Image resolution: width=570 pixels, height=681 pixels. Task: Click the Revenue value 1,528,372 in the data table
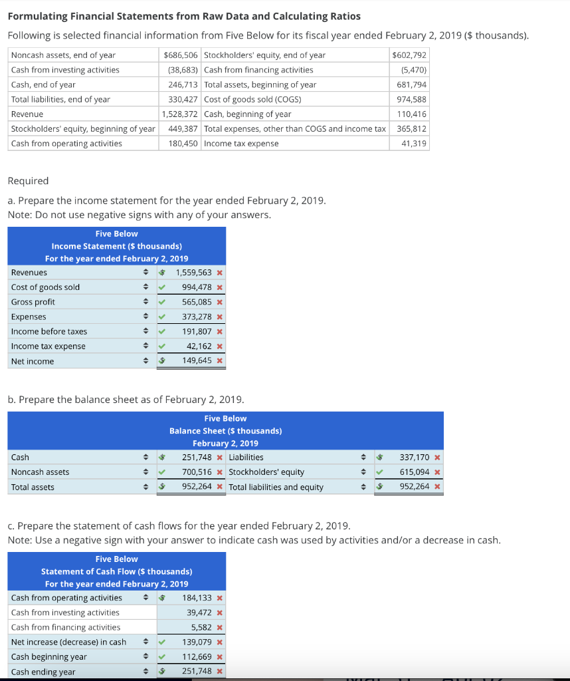[180, 114]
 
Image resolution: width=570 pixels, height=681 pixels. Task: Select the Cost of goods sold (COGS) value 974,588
[412, 100]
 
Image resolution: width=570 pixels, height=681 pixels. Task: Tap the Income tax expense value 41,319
[414, 144]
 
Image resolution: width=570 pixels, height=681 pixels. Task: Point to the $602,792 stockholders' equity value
[410, 55]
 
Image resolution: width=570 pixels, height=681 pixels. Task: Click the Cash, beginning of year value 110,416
[412, 114]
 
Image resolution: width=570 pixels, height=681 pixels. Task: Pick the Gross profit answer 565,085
[197, 302]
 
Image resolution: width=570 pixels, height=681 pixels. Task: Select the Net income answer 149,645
[197, 361]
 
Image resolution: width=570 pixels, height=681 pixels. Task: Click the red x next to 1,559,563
[219, 273]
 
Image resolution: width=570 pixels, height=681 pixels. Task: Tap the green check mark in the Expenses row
[161, 317]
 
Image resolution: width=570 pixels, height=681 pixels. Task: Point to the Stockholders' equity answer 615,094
[415, 472]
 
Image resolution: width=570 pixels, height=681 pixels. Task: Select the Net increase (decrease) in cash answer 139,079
[197, 642]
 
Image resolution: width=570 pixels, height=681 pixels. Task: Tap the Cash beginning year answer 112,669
[197, 657]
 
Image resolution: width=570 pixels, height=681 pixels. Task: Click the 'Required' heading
[28, 181]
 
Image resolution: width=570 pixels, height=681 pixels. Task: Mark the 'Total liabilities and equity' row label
[276, 487]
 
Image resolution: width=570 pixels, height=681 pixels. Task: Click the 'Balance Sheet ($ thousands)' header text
[225, 431]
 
